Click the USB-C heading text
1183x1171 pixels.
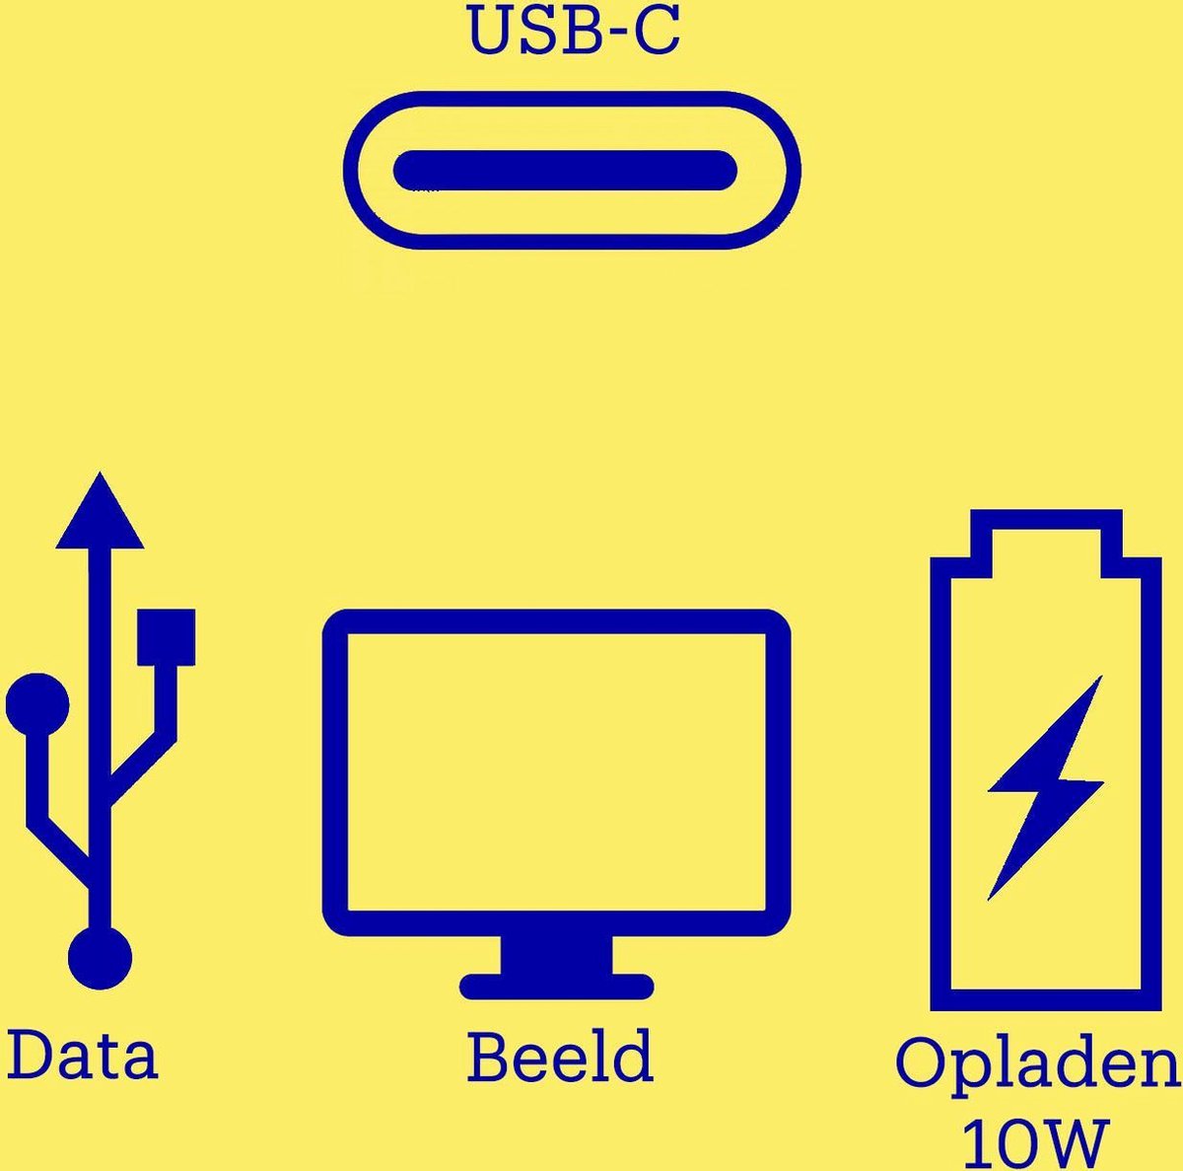point(573,30)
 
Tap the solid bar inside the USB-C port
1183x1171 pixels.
point(565,171)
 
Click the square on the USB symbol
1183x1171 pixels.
point(166,637)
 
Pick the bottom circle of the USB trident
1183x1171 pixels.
point(100,957)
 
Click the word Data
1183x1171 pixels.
point(83,1055)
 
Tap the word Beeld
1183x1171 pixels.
point(560,1057)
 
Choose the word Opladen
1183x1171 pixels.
point(1037,1063)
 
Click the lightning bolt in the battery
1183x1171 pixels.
point(1045,786)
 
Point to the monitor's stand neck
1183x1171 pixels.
point(557,953)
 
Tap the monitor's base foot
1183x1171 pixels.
point(557,986)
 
